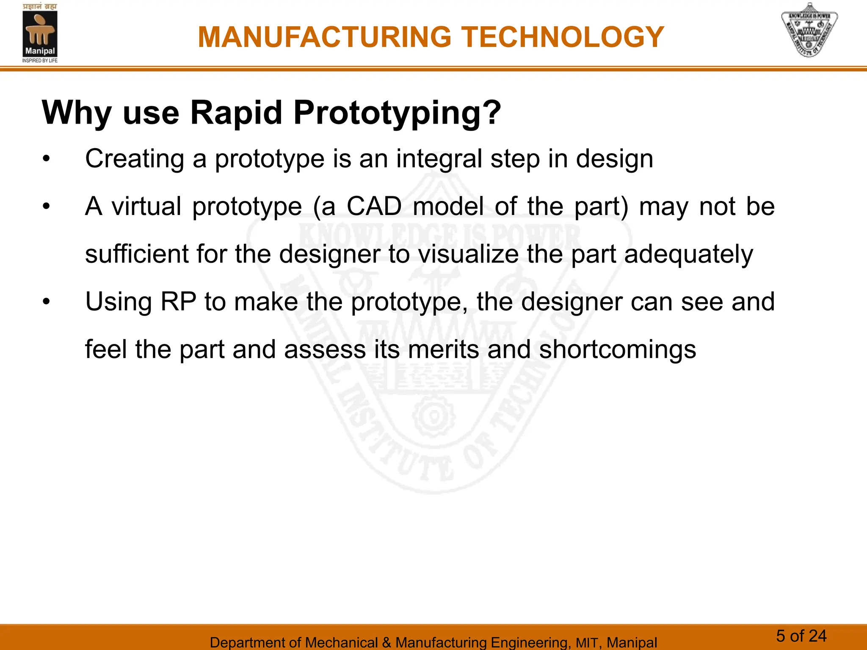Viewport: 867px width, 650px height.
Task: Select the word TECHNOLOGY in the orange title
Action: (x=563, y=37)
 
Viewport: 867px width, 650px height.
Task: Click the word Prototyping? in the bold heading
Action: (x=397, y=113)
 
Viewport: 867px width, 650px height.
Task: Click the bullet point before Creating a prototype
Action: (x=46, y=160)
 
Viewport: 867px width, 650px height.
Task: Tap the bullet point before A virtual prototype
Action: (x=46, y=207)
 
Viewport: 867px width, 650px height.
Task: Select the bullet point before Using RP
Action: (x=46, y=302)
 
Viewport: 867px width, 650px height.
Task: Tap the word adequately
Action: (x=688, y=254)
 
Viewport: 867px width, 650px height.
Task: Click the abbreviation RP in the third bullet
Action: (x=178, y=302)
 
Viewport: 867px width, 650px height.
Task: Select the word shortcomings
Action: (x=617, y=350)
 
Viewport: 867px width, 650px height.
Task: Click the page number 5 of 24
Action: (x=801, y=636)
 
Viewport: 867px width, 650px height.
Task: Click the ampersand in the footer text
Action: (x=386, y=642)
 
